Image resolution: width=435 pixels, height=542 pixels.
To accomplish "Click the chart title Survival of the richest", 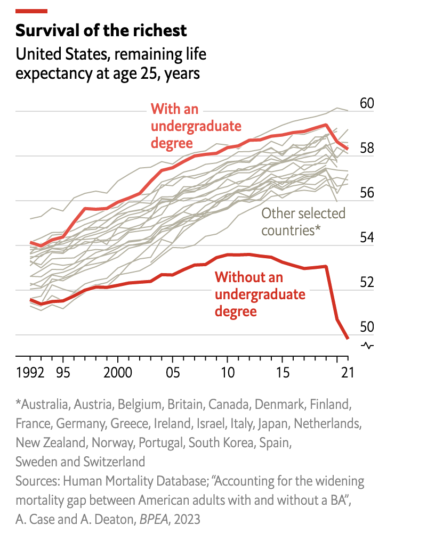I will (x=101, y=30).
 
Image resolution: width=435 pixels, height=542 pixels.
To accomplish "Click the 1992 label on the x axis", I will (x=30, y=372).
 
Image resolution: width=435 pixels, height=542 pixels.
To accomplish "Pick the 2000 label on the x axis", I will (x=118, y=372).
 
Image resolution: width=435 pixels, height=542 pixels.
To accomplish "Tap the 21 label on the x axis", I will (x=348, y=372).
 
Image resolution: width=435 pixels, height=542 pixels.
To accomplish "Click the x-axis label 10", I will (x=228, y=372).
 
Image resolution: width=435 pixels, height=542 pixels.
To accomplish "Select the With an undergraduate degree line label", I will (x=196, y=126).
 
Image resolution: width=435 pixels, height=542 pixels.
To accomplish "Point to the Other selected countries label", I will (x=303, y=222).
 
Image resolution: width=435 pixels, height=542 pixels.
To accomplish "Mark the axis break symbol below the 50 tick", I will (x=368, y=346).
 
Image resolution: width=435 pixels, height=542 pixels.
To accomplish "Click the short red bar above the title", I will (x=31, y=11).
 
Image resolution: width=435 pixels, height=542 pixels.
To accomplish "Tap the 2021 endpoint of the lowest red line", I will (x=348, y=338).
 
